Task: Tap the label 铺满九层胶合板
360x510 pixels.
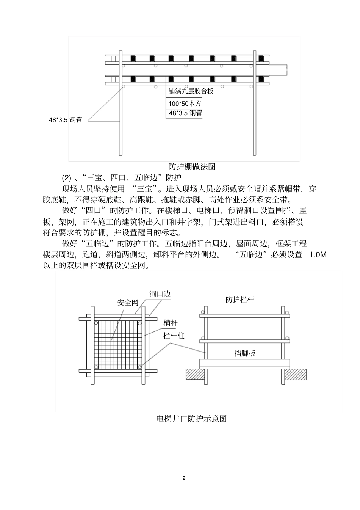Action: click(x=191, y=91)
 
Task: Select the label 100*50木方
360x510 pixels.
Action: click(x=185, y=103)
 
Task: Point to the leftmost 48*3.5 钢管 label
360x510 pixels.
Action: click(x=65, y=120)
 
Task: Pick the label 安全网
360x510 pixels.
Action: click(x=127, y=303)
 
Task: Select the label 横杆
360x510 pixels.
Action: click(x=171, y=323)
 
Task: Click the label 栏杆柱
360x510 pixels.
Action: click(x=174, y=336)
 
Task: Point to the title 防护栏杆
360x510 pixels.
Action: click(x=240, y=300)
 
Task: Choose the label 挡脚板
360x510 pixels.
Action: click(x=245, y=353)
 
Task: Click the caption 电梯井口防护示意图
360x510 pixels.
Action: click(x=191, y=419)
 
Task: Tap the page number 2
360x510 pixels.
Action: click(x=184, y=478)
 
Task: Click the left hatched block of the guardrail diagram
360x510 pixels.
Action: click(x=195, y=374)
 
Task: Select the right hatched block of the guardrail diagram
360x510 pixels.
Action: click(x=296, y=374)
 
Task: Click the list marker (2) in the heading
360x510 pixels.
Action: click(x=67, y=178)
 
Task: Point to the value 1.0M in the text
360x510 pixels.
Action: click(x=318, y=255)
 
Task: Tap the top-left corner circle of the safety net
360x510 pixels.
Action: click(x=96, y=323)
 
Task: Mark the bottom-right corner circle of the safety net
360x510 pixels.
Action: click(x=140, y=367)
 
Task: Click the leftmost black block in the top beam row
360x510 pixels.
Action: click(x=133, y=58)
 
